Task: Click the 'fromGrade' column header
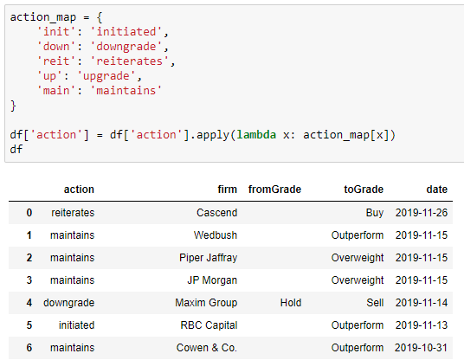point(274,190)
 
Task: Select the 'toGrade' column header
point(364,190)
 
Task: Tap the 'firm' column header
point(228,190)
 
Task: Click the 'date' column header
point(437,190)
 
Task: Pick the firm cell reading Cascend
point(217,213)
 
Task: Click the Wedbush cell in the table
point(216,235)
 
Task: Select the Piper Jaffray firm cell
point(209,258)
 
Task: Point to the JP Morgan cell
point(212,280)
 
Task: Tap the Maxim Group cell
point(206,303)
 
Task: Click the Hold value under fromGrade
point(291,303)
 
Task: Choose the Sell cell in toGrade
point(375,303)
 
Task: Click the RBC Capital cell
point(209,325)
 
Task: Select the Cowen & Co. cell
point(207,348)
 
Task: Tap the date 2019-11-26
point(422,213)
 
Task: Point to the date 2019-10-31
point(421,348)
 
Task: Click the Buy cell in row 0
point(375,213)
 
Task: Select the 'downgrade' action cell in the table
point(69,303)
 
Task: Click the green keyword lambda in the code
point(256,135)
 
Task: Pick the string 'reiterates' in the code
point(129,61)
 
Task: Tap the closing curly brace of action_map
point(13,106)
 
